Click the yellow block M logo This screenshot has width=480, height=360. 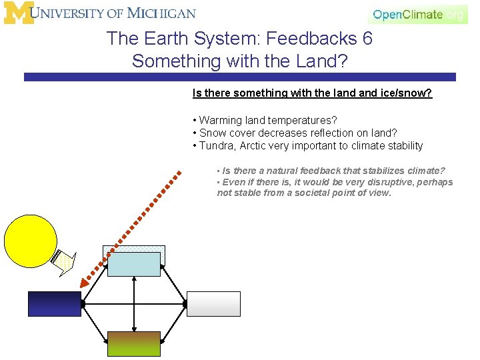pos(19,13)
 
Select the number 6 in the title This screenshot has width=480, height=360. pos(367,39)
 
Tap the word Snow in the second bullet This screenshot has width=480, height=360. pos(213,133)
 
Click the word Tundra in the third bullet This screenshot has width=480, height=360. pos(216,146)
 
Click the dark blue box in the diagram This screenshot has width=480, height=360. pos(54,303)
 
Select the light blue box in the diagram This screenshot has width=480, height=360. pos(134,264)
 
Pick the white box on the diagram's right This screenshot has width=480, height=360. pos(213,303)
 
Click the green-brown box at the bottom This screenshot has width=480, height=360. pos(134,343)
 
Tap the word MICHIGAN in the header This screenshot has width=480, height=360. pos(163,13)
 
